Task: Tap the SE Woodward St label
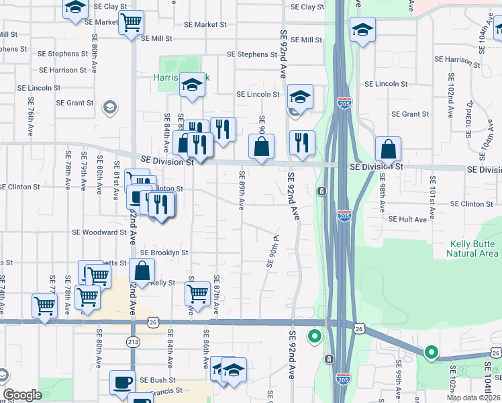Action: [x=100, y=232]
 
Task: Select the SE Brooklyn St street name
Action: [x=164, y=253]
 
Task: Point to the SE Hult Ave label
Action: [x=407, y=219]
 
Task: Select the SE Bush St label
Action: [x=158, y=379]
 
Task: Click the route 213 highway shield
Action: [x=133, y=343]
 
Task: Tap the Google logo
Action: [x=22, y=395]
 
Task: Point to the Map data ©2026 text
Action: [x=474, y=398]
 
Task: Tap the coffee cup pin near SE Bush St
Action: [x=122, y=382]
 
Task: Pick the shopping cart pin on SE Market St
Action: [x=131, y=22]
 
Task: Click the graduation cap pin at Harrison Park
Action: [x=192, y=85]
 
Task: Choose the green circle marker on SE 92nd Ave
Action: [x=313, y=336]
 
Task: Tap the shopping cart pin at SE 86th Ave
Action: [x=197, y=294]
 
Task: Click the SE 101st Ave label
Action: [x=433, y=189]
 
